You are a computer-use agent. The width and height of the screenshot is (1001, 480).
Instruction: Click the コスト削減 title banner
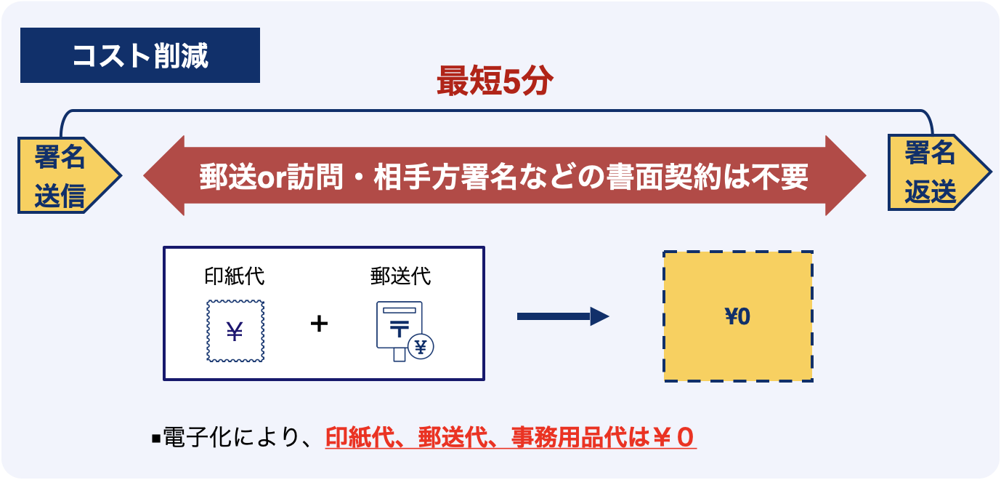click(x=140, y=55)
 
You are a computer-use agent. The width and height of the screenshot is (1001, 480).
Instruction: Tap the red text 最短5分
click(x=495, y=81)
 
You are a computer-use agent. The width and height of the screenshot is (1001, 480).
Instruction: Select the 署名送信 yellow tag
click(x=69, y=175)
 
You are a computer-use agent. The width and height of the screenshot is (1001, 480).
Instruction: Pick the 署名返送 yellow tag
click(x=939, y=172)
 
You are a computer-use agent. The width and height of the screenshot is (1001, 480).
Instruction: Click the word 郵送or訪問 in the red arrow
click(x=271, y=177)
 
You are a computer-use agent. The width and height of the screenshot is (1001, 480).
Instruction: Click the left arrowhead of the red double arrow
click(x=164, y=176)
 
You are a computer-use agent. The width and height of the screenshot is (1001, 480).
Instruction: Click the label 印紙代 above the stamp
click(x=234, y=276)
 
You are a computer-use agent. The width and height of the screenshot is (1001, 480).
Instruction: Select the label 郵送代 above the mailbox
click(x=400, y=276)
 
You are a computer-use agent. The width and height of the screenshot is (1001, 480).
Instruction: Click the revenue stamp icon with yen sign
click(x=235, y=331)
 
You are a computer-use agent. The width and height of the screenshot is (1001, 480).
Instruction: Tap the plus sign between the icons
click(x=319, y=324)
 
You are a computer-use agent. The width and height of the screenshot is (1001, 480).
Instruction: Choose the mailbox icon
click(x=405, y=331)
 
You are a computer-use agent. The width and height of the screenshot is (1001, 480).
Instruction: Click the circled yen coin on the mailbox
click(x=421, y=347)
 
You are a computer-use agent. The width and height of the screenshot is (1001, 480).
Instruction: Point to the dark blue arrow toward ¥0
click(x=563, y=316)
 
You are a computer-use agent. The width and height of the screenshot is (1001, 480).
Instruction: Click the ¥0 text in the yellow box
click(x=737, y=316)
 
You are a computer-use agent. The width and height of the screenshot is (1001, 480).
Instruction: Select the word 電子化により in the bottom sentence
click(x=230, y=437)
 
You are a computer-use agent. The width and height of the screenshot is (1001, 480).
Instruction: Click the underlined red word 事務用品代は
click(x=580, y=437)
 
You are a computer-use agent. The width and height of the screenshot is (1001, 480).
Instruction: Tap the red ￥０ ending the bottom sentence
click(x=673, y=437)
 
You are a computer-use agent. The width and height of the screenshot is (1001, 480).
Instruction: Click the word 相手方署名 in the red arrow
click(x=445, y=177)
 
